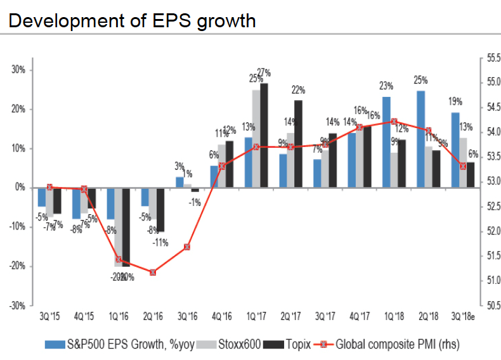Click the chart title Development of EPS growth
pyautogui.click(x=133, y=20)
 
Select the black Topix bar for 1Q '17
pyautogui.click(x=264, y=136)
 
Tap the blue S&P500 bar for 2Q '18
pyautogui.click(x=420, y=139)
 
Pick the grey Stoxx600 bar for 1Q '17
pyautogui.click(x=256, y=139)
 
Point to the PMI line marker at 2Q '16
pyautogui.click(x=153, y=272)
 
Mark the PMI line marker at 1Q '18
pyautogui.click(x=394, y=122)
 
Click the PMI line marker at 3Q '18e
pyautogui.click(x=462, y=166)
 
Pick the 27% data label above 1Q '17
pyautogui.click(x=264, y=72)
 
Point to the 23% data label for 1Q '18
pyautogui.click(x=387, y=85)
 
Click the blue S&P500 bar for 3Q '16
pyautogui.click(x=179, y=183)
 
